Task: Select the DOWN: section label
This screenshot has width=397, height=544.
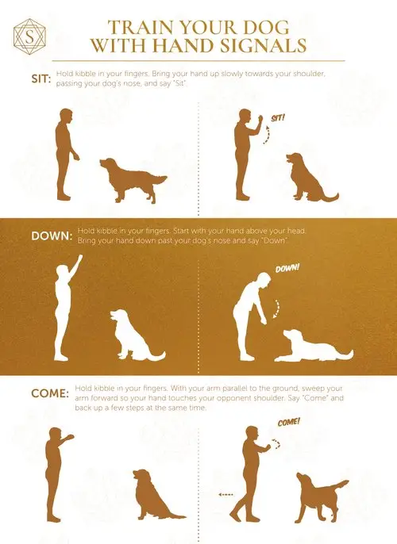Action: coord(44,236)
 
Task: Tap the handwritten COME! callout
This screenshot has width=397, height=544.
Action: coord(288,421)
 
